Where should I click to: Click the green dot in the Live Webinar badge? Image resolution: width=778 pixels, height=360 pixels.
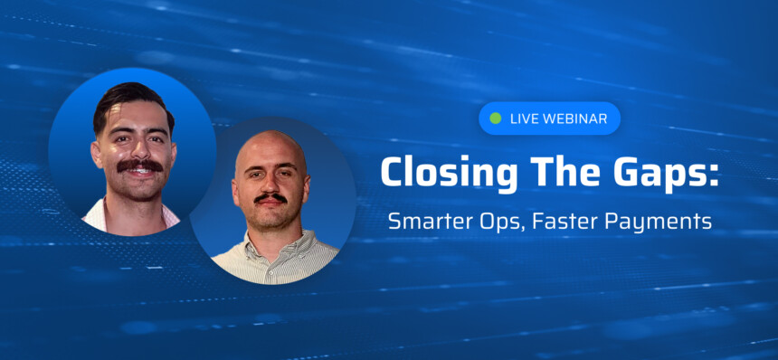coord(495,118)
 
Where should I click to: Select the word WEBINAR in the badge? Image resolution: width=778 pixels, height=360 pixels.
coord(574,119)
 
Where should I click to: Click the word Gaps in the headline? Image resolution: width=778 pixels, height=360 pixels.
coord(659,174)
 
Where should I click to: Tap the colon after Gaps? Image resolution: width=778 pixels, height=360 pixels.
coord(714,175)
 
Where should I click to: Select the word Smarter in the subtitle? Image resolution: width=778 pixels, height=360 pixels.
coord(426,222)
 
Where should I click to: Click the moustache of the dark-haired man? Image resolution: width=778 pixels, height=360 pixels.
coord(140,166)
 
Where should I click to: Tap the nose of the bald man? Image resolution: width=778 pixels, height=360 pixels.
coord(270,185)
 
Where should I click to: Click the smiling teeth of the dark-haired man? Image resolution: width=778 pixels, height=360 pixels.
coord(140,172)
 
